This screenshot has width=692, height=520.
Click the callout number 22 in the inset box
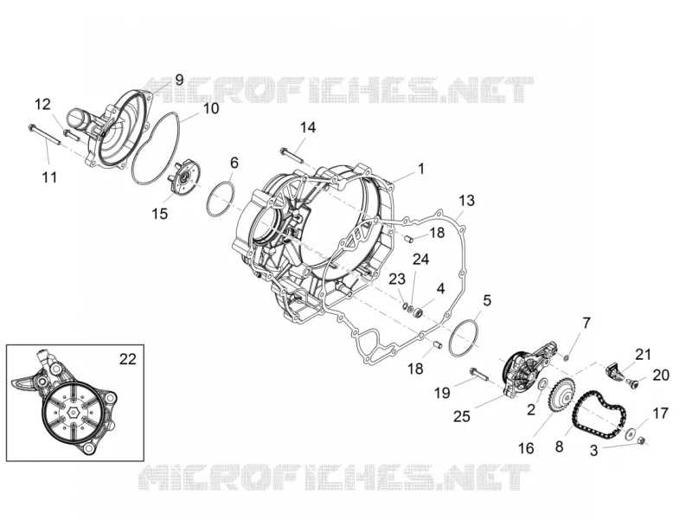[127, 360]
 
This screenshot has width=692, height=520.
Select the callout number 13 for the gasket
[466, 201]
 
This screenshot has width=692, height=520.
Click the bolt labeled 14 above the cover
[292, 156]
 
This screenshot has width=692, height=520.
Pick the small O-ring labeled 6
[221, 198]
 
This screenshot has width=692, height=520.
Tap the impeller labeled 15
[184, 177]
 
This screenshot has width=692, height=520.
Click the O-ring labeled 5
[464, 337]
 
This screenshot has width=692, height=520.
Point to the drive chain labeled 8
[600, 415]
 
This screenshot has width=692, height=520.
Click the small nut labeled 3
[643, 440]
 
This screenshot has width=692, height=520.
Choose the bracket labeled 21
[614, 369]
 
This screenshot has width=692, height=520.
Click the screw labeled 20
[635, 384]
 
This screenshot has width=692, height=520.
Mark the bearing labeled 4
[417, 313]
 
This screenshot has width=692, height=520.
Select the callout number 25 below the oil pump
[462, 416]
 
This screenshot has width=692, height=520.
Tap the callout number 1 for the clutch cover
[421, 169]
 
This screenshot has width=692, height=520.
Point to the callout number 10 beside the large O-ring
[211, 108]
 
